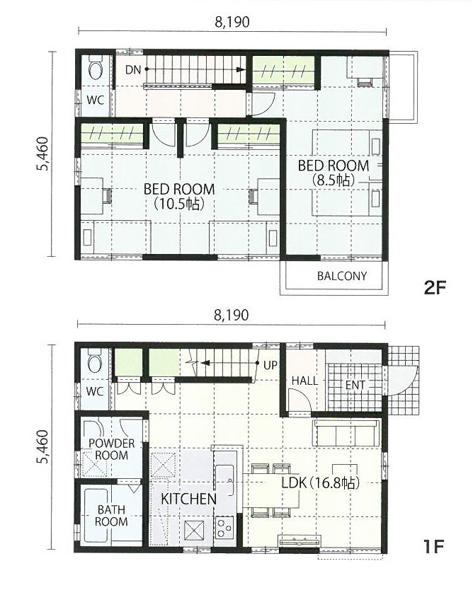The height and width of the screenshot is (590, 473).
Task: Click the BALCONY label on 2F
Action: tap(341, 276)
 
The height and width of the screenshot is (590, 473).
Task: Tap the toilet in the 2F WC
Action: tap(95, 67)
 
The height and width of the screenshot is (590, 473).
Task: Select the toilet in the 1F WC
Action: tap(94, 360)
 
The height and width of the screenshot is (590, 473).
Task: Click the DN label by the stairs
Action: tap(133, 69)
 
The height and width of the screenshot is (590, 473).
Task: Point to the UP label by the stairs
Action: tap(270, 365)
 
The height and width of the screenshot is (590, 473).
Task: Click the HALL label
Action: tap(304, 381)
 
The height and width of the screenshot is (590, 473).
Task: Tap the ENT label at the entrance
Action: tap(355, 385)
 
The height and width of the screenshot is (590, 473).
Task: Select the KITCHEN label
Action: tap(188, 499)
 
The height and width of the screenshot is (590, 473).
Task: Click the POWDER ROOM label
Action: tap(111, 449)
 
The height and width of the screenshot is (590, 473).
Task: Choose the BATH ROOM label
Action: tap(111, 516)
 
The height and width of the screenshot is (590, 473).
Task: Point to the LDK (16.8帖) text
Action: tap(321, 482)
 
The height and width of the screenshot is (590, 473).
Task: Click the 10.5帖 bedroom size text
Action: tap(179, 204)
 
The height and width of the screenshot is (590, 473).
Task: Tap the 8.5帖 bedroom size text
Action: tap(334, 180)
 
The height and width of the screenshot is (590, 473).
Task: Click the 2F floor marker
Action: tap(435, 288)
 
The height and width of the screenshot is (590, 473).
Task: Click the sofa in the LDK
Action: tap(346, 433)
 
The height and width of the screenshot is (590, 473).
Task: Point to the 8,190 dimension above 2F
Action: tap(232, 22)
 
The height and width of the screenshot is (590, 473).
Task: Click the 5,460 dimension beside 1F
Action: tap(42, 447)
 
